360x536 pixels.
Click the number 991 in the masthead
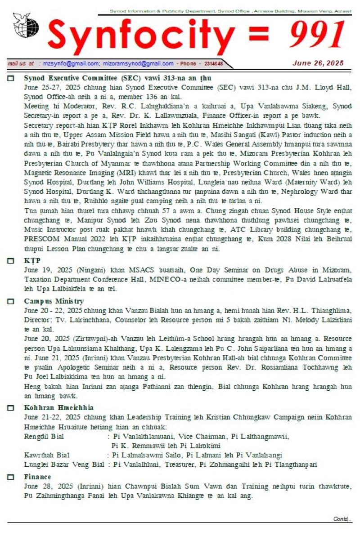tap(318, 36)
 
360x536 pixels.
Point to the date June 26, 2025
tap(318, 63)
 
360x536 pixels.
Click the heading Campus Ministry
tap(54, 301)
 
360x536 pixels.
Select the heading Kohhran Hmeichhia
tap(58, 408)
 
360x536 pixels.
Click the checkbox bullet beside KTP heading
tap(11, 261)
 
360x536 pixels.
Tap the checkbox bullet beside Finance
tap(11, 477)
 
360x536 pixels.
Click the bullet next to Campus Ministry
tap(11, 301)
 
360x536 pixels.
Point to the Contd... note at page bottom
tap(342, 518)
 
